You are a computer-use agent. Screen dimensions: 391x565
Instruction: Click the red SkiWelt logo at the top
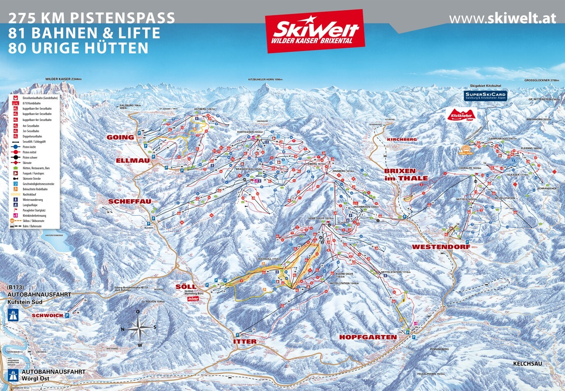315,31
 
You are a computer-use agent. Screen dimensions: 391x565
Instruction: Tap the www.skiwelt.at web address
502,18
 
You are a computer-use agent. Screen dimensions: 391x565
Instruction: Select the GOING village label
120,137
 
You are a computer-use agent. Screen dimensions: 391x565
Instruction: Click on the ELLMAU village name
132,161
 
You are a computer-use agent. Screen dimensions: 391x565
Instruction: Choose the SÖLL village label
186,286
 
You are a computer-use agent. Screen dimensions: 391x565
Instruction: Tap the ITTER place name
245,342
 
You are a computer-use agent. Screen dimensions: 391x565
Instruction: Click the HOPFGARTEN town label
368,337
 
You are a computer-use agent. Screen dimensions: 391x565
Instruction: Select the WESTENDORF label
441,247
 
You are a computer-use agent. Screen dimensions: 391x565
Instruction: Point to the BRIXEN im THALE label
406,175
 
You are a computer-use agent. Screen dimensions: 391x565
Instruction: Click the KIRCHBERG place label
401,140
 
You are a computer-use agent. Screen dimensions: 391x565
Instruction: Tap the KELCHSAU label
528,363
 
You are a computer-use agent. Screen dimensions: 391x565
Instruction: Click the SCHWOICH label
47,315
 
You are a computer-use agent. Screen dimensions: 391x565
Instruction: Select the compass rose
139,328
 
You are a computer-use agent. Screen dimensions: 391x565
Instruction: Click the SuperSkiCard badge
485,95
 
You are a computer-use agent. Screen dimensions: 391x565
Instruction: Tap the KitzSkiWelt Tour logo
462,114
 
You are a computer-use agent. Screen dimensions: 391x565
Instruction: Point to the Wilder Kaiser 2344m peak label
63,79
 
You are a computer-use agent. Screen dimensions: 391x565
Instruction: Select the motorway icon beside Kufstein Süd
13,315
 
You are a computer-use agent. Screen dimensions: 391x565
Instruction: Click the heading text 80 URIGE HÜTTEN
78,48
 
